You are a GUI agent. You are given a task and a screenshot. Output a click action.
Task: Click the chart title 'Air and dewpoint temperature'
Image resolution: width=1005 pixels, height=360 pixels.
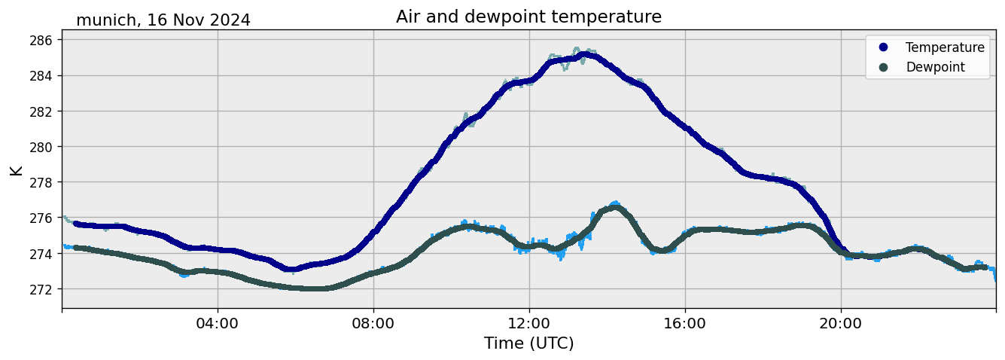(x=528, y=17)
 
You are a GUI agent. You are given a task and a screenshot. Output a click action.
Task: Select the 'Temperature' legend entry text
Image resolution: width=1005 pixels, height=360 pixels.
(x=945, y=47)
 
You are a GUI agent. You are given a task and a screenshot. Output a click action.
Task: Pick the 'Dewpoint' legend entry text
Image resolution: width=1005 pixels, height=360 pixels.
(x=935, y=67)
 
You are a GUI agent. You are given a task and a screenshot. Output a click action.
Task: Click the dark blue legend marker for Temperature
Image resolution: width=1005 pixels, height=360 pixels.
(x=883, y=47)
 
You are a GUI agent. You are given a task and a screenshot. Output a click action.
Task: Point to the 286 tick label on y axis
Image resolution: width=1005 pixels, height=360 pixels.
(x=42, y=40)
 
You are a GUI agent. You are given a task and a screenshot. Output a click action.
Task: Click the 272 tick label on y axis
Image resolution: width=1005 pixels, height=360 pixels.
(x=42, y=289)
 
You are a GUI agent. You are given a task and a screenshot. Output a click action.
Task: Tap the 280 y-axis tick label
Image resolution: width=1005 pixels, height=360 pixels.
(x=42, y=147)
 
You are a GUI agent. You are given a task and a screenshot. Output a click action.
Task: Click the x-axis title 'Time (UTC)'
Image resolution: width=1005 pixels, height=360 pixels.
(x=528, y=343)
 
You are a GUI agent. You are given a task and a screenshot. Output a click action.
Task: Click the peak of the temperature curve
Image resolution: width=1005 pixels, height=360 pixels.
(x=585, y=54)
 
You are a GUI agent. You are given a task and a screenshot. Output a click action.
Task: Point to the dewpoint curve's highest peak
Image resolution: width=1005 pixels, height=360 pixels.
(x=615, y=207)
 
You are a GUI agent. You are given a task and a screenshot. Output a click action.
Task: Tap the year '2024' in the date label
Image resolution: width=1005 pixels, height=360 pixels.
(x=230, y=20)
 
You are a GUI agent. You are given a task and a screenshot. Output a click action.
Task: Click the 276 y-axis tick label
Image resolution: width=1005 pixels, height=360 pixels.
(x=42, y=218)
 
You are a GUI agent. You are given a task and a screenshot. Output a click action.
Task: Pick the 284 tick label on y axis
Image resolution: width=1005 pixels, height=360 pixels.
(x=42, y=75)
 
